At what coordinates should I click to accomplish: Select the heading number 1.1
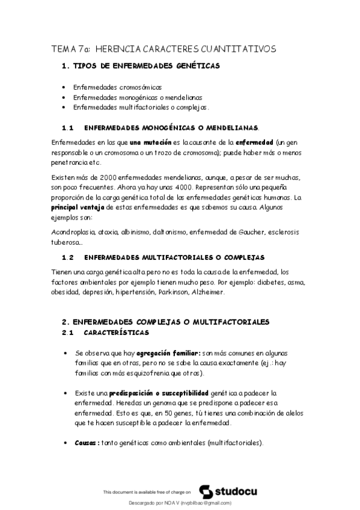coord(67,128)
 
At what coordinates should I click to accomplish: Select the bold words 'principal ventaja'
coord(77,206)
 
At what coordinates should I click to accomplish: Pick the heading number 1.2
coord(67,257)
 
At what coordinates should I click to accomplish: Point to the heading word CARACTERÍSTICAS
coord(117,333)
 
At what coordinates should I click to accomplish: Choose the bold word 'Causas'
coord(87,443)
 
